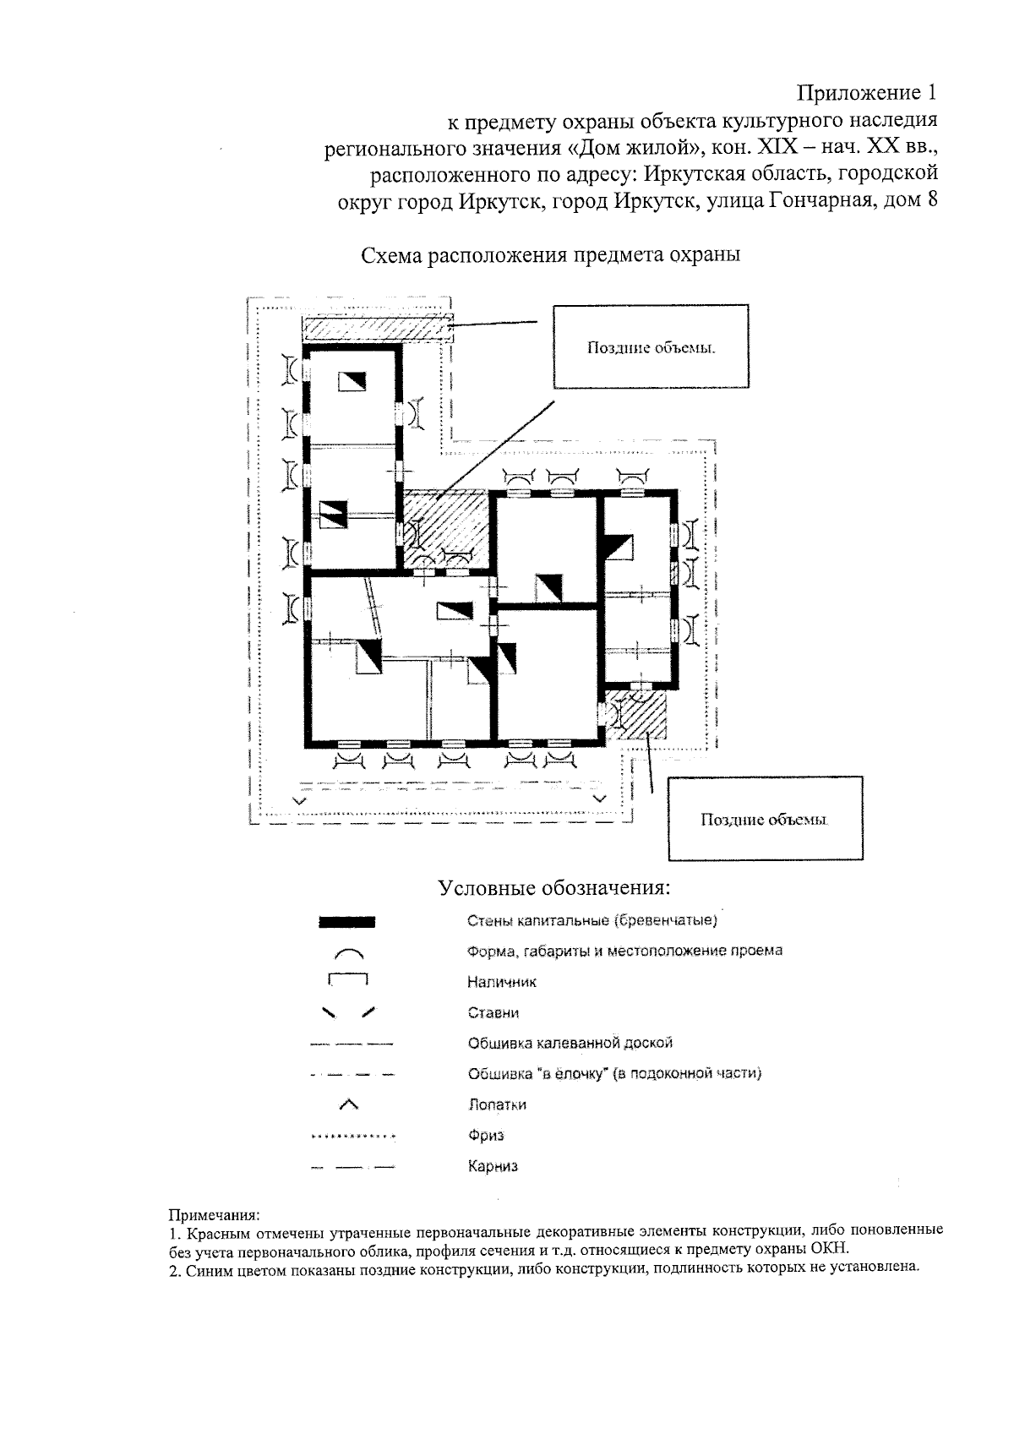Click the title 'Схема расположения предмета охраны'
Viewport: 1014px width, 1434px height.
[550, 255]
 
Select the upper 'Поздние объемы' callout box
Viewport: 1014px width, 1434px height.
[651, 347]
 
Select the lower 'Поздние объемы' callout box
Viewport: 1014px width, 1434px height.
[766, 819]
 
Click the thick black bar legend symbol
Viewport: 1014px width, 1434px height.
[347, 921]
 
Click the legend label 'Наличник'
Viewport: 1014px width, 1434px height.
[501, 982]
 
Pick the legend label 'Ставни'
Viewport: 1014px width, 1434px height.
[493, 1012]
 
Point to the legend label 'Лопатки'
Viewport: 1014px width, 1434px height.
[497, 1104]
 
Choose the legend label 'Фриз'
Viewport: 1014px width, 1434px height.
[486, 1136]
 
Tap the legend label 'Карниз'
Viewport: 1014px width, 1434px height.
[493, 1167]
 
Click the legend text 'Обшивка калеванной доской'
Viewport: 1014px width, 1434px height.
[570, 1043]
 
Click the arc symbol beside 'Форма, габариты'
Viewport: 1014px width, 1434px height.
[348, 953]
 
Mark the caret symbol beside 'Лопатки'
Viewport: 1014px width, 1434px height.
[348, 1104]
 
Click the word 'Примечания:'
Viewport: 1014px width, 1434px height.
[215, 1215]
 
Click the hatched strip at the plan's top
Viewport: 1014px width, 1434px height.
[375, 328]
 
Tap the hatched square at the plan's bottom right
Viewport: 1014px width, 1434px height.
[638, 715]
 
